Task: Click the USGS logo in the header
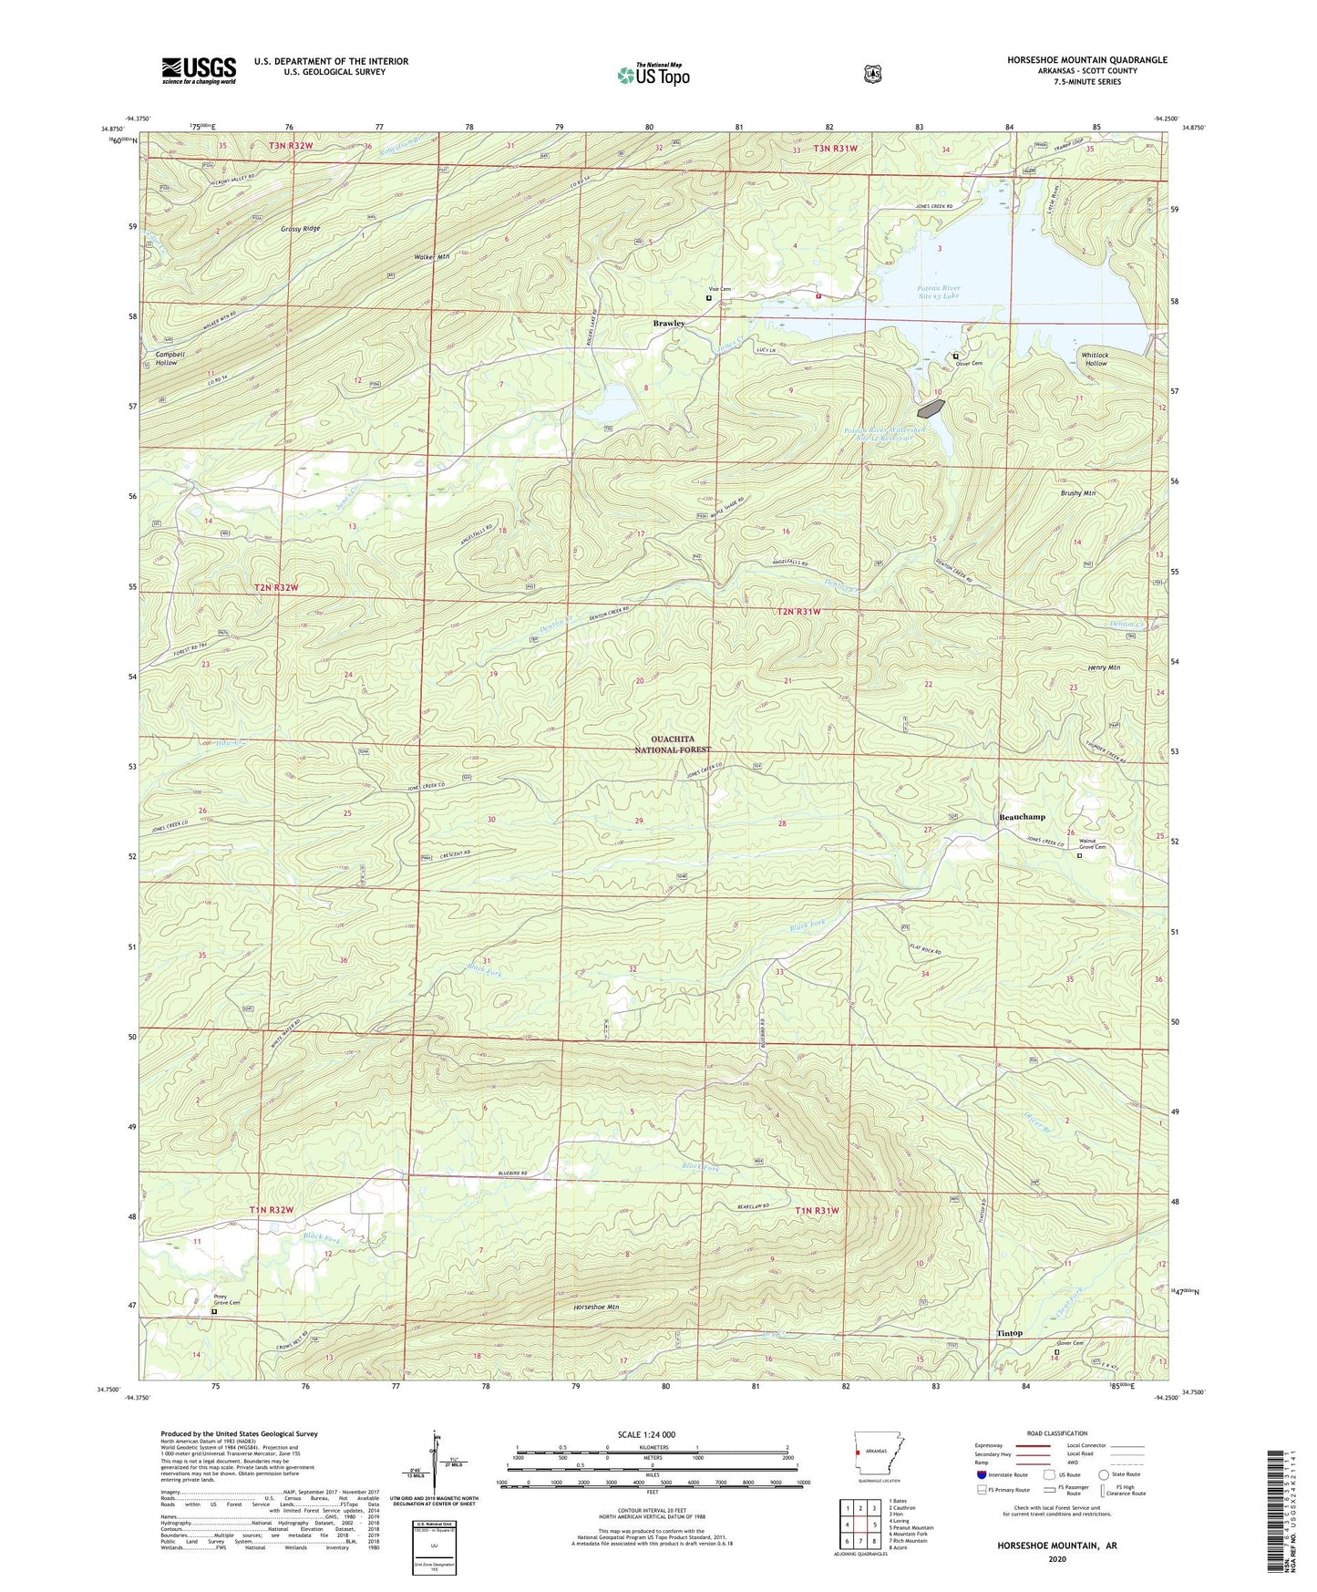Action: point(199,69)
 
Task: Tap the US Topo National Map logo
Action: point(653,74)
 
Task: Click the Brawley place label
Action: point(668,324)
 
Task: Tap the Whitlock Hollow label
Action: point(1095,359)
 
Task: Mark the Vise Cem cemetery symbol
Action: point(709,297)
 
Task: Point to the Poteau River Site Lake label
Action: point(938,292)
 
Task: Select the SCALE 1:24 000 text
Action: point(645,1434)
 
